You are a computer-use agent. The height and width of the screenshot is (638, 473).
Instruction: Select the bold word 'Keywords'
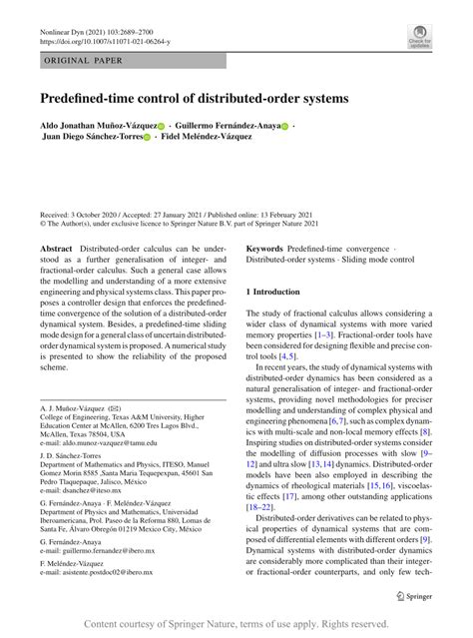(266, 246)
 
